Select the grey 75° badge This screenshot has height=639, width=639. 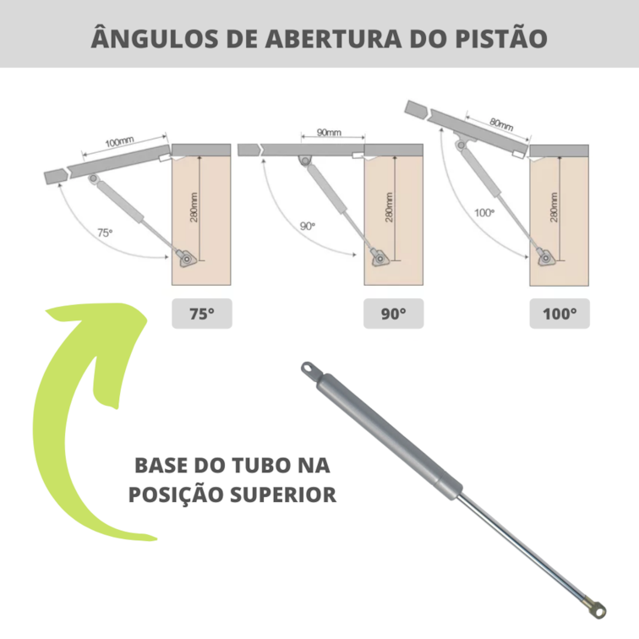coord(201,314)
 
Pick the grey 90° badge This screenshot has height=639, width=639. coord(392,314)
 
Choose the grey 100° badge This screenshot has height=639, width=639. coord(560,314)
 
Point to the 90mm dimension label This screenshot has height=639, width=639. coord(329,133)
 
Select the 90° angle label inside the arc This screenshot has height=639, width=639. coord(307,226)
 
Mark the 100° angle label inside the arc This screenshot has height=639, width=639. coord(483,212)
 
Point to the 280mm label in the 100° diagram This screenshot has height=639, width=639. coord(553,205)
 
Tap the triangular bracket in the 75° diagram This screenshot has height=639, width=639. coord(185,257)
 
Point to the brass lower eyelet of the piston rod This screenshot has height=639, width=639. coord(598,606)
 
